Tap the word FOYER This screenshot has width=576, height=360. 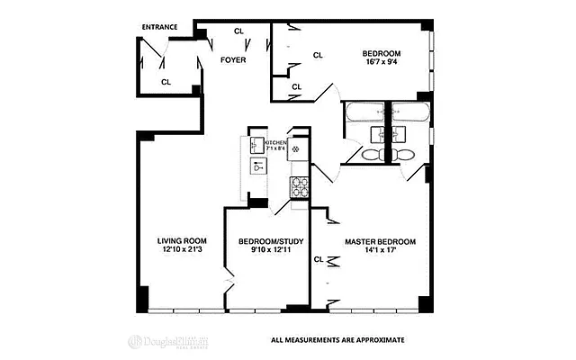point(234,60)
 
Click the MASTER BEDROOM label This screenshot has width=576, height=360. point(381,241)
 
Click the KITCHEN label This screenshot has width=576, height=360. point(275,142)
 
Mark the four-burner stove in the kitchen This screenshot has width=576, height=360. point(299,187)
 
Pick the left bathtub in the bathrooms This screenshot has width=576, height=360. point(363,113)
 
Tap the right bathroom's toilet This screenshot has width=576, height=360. point(404,155)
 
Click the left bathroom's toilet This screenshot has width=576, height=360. point(370,155)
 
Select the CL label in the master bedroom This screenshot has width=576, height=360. point(319,259)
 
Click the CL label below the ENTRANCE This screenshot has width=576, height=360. point(166,82)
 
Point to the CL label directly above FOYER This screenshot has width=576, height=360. point(238,31)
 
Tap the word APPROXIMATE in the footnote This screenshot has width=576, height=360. point(379,340)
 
